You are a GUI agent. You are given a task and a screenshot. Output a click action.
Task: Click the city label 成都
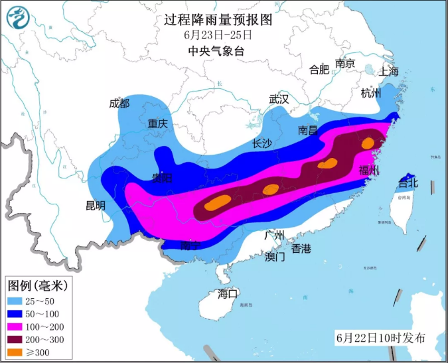119,103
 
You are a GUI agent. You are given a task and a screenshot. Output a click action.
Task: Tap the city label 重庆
158,123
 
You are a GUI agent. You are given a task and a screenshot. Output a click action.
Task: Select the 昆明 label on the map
96,206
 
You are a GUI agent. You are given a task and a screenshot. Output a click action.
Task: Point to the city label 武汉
279,99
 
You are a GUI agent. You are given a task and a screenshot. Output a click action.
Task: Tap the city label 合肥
319,70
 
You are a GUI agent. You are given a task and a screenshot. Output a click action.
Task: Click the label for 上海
388,72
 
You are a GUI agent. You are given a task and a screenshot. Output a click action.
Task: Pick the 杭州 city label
372,94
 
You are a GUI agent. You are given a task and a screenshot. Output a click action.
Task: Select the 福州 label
369,171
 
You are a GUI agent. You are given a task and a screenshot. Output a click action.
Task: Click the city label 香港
301,249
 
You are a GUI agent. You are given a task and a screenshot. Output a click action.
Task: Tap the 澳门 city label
274,256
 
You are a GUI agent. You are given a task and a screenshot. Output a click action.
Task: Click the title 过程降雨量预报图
218,19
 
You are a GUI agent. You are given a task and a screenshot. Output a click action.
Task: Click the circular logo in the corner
19,18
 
